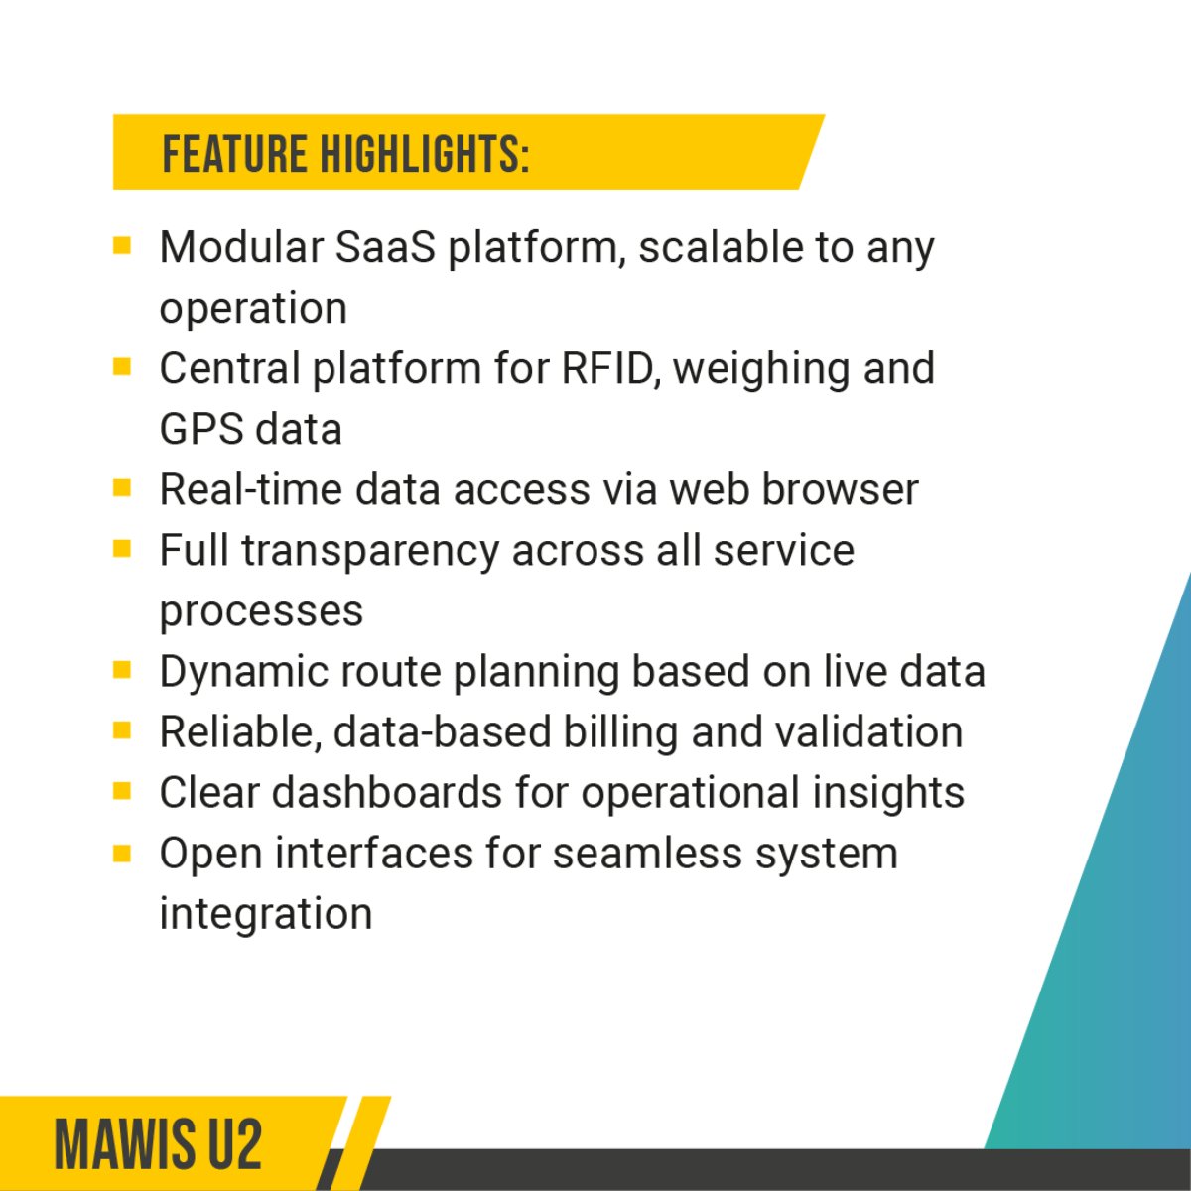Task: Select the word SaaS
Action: click(385, 247)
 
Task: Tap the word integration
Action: click(266, 913)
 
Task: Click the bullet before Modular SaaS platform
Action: click(122, 245)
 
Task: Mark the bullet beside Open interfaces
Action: click(122, 852)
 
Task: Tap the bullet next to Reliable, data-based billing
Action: click(122, 730)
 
